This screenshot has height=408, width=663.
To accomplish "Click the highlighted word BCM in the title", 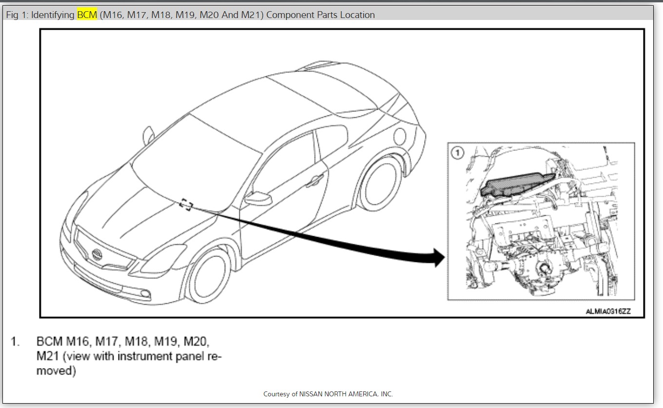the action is click(87, 15).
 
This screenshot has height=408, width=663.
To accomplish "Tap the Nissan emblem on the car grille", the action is click(97, 254).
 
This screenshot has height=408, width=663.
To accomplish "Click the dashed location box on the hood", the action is click(186, 204).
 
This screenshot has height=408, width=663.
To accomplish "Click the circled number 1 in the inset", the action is click(457, 153).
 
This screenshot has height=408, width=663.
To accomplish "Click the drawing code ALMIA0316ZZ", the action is click(608, 312).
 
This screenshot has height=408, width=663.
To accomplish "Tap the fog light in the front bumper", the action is click(144, 293).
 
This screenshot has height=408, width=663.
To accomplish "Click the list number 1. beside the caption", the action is click(16, 341).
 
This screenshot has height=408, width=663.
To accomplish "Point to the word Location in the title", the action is click(357, 15).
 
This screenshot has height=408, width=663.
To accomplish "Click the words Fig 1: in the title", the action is click(17, 15).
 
